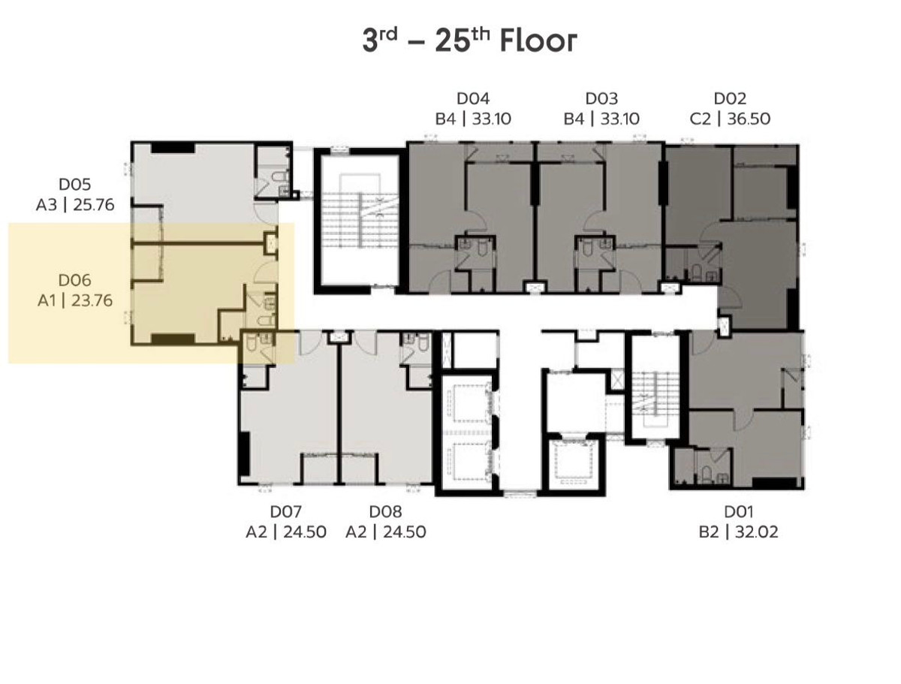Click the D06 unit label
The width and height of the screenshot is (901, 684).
click(x=74, y=280)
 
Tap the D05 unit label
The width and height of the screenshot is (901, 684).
click(x=74, y=185)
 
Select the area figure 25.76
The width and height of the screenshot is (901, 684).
click(x=94, y=205)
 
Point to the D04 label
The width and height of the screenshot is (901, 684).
click(x=473, y=98)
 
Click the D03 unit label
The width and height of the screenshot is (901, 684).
click(x=601, y=98)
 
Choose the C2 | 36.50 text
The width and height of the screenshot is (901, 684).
click(x=730, y=119)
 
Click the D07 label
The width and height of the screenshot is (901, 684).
click(x=286, y=511)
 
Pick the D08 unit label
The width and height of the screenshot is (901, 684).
click(x=385, y=511)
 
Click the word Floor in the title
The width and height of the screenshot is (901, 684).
click(x=538, y=41)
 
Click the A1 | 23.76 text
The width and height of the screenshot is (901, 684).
click(x=74, y=301)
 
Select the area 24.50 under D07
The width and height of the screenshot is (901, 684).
click(x=305, y=532)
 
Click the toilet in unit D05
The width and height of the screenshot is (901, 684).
click(x=280, y=177)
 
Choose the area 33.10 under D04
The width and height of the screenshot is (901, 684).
click(x=491, y=119)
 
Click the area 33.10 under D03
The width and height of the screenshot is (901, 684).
click(x=620, y=119)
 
